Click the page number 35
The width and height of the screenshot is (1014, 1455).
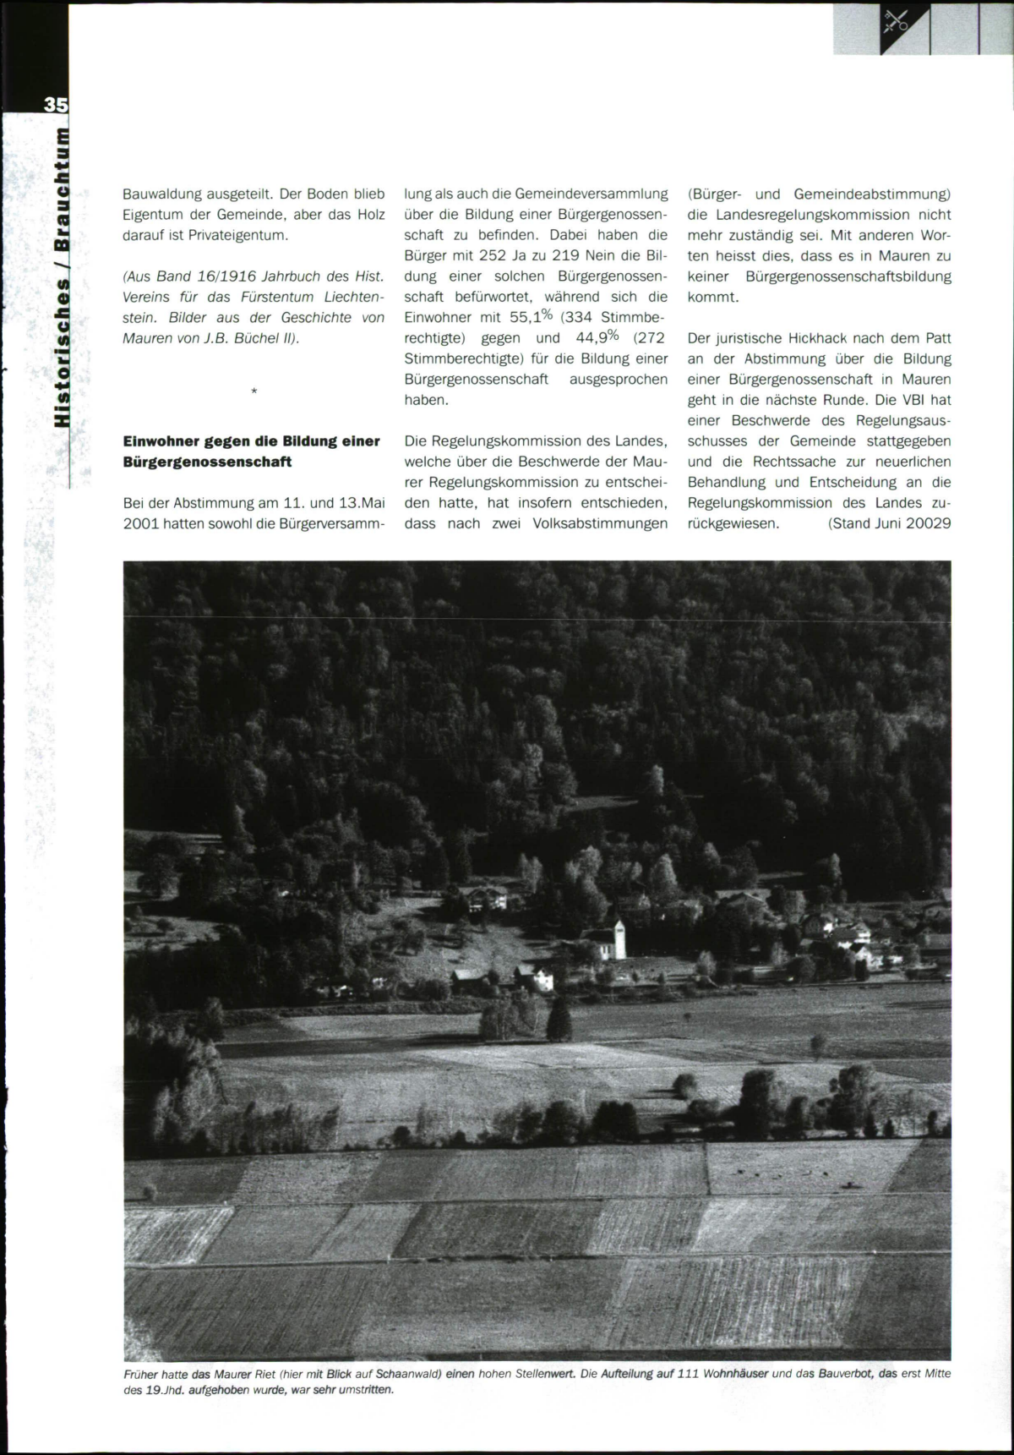(x=55, y=104)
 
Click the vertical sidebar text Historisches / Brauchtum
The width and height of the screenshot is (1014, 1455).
(x=62, y=279)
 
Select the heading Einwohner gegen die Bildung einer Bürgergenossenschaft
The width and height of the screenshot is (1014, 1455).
(x=251, y=451)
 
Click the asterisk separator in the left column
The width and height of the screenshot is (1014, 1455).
(x=254, y=391)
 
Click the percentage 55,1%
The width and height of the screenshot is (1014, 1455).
(x=531, y=317)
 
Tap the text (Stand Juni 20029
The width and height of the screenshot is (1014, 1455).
(x=889, y=523)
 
